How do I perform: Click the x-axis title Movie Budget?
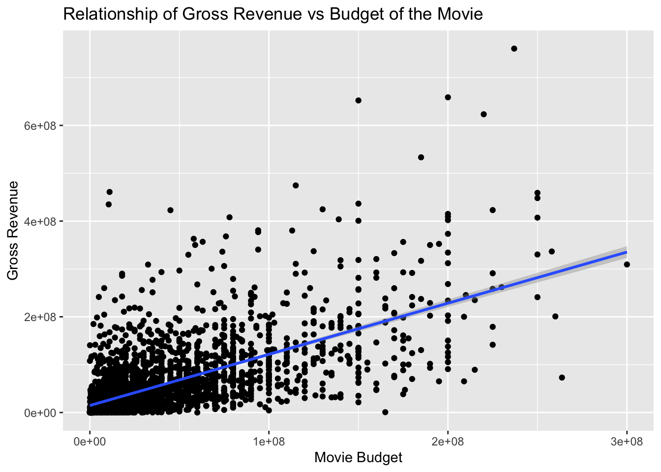358,458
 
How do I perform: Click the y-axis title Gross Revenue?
13,231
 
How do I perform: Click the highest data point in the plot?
514,48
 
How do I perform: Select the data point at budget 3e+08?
627,265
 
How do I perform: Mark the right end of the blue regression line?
626,252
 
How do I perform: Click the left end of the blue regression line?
90,405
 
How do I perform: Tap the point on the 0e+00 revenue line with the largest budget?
385,412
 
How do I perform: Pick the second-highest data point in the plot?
448,97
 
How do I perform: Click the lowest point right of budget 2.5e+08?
562,378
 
